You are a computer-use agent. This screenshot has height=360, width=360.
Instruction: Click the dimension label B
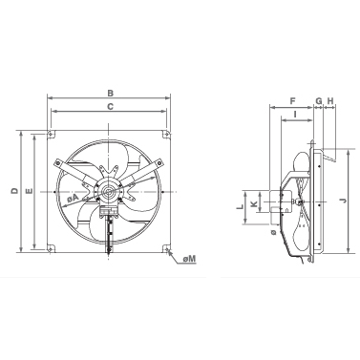(110, 94)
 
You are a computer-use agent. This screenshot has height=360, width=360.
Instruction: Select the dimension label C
(110, 107)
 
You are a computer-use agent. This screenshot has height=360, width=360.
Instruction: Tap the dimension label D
(14, 191)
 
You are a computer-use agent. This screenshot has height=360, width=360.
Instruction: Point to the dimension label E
(29, 191)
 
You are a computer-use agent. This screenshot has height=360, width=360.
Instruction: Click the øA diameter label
(73, 199)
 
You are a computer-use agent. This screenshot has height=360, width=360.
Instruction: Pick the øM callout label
(189, 259)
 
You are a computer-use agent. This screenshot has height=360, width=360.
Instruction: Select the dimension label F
(293, 101)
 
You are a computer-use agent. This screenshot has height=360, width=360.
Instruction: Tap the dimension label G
(319, 101)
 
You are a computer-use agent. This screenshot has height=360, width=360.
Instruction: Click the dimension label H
(330, 101)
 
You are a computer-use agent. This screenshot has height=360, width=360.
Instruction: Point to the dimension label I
(296, 114)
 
